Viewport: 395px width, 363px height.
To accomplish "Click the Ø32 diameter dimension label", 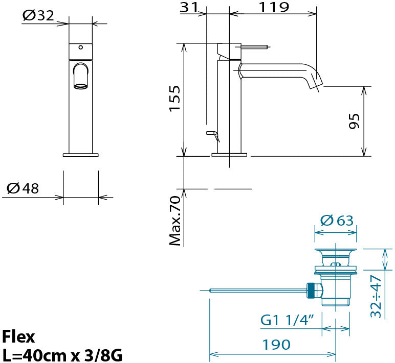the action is click(38, 16).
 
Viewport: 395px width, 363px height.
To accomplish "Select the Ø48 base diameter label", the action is click(23, 188).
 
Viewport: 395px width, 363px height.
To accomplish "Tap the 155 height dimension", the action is click(175, 99).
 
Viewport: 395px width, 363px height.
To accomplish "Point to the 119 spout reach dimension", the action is click(274, 7).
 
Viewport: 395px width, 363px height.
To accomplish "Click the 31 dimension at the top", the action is click(189, 7).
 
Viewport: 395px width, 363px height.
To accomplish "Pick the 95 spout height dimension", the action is click(354, 122).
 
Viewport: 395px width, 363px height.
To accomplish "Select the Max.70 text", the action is click(175, 221).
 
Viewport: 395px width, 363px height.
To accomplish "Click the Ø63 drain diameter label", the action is click(337, 220).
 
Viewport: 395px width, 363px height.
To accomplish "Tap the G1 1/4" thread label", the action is click(287, 320).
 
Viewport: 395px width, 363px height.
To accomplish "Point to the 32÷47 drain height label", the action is click(376, 297).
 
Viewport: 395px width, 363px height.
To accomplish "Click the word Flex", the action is click(18, 336).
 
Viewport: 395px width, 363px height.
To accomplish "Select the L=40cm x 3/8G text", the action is click(62, 355).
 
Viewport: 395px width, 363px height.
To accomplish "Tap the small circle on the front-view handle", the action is click(81, 47).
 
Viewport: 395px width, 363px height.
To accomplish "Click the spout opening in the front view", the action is click(81, 86).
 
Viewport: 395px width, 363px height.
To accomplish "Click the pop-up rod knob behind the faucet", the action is click(211, 133).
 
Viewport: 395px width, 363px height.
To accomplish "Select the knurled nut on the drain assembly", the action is click(311, 291).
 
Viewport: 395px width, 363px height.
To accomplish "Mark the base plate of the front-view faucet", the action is click(81, 155).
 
